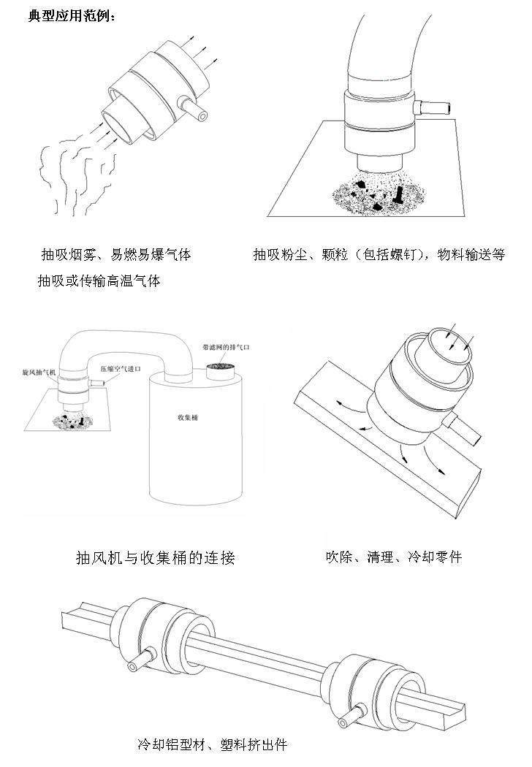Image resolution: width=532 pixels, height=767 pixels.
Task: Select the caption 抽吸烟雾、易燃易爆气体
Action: [x=115, y=255]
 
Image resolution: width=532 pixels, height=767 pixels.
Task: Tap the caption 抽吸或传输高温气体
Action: [x=99, y=280]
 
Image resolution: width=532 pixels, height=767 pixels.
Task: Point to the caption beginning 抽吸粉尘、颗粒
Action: [x=379, y=255]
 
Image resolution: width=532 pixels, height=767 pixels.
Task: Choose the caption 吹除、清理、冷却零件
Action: [x=393, y=557]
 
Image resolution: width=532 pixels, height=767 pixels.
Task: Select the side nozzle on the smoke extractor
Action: [x=194, y=107]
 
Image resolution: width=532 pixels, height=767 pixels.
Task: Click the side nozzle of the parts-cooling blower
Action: [x=466, y=430]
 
